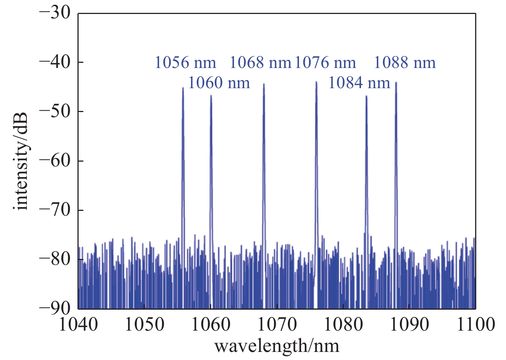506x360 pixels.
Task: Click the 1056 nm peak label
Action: point(185,63)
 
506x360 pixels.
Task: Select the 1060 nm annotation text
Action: point(219,83)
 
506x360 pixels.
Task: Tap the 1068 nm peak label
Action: point(260,63)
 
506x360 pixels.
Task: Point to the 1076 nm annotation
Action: point(325,63)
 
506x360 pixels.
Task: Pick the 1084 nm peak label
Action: point(359,83)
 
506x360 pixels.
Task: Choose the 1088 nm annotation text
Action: point(405,63)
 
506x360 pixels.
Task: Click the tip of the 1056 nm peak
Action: point(183,88)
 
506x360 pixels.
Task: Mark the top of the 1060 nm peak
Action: point(211,96)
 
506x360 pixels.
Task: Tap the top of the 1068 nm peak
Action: point(264,84)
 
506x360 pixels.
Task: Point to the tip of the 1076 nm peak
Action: point(316,82)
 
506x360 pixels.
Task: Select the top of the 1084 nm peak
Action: point(366,96)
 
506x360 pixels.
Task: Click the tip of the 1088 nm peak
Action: point(396,83)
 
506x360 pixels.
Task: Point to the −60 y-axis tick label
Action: point(54,161)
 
